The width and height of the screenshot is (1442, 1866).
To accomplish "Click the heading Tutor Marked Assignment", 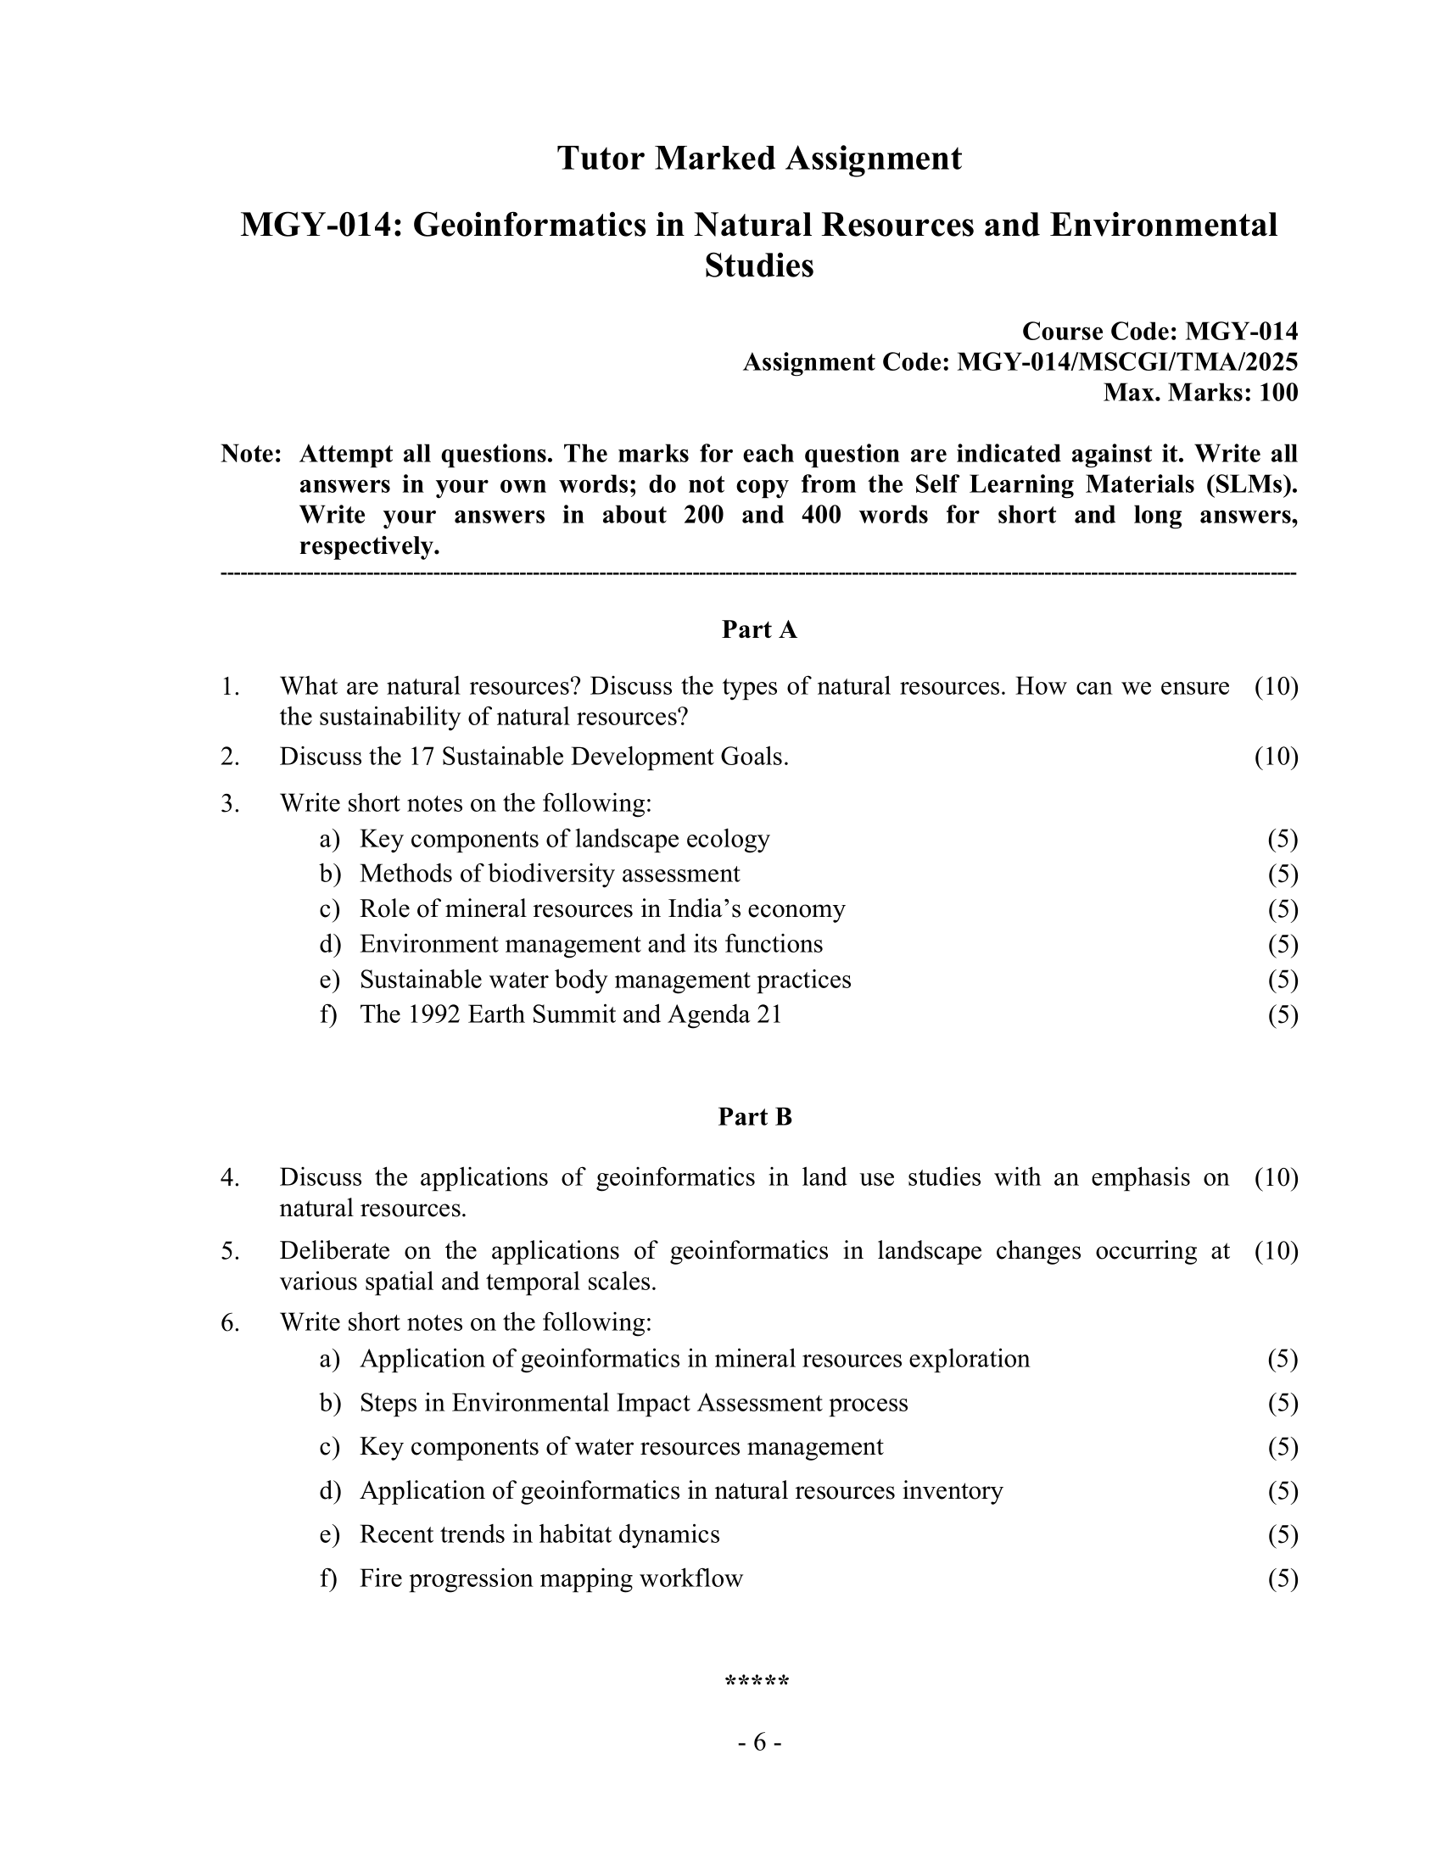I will (758, 159).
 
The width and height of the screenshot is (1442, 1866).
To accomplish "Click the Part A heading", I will (758, 629).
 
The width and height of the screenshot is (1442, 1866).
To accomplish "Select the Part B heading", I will (755, 1117).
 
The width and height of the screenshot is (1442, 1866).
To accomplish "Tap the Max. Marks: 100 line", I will (1200, 393).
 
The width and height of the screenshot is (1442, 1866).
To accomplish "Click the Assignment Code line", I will (1020, 362).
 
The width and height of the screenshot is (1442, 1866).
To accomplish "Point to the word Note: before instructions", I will (251, 454).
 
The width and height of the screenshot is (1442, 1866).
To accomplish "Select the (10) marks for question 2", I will (1276, 757).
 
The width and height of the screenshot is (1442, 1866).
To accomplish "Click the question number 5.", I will (229, 1251).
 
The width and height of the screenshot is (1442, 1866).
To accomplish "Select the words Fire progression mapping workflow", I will (551, 1578).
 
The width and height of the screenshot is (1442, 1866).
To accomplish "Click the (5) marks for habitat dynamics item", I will (1283, 1534).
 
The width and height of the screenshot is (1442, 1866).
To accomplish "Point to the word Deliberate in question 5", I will (334, 1251).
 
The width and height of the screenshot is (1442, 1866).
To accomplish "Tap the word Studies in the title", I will (758, 265).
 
